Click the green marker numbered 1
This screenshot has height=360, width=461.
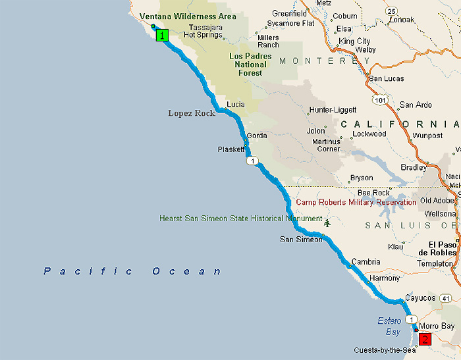pos(161,35)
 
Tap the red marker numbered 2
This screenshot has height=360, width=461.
pos(425,340)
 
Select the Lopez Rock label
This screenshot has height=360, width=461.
pos(191,113)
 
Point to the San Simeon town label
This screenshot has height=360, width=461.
pos(301,239)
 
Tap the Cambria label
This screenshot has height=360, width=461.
pos(366,261)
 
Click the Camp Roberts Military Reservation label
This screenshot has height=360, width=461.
pos(356,203)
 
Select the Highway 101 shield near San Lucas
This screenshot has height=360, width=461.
pos(378,101)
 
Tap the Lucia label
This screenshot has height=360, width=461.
pos(235,105)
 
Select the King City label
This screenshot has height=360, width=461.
pos(354,41)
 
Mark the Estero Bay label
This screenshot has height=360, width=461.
pos(389,326)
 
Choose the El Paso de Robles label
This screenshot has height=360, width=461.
pos(438,247)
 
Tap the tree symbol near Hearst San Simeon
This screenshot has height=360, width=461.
pos(327,224)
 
